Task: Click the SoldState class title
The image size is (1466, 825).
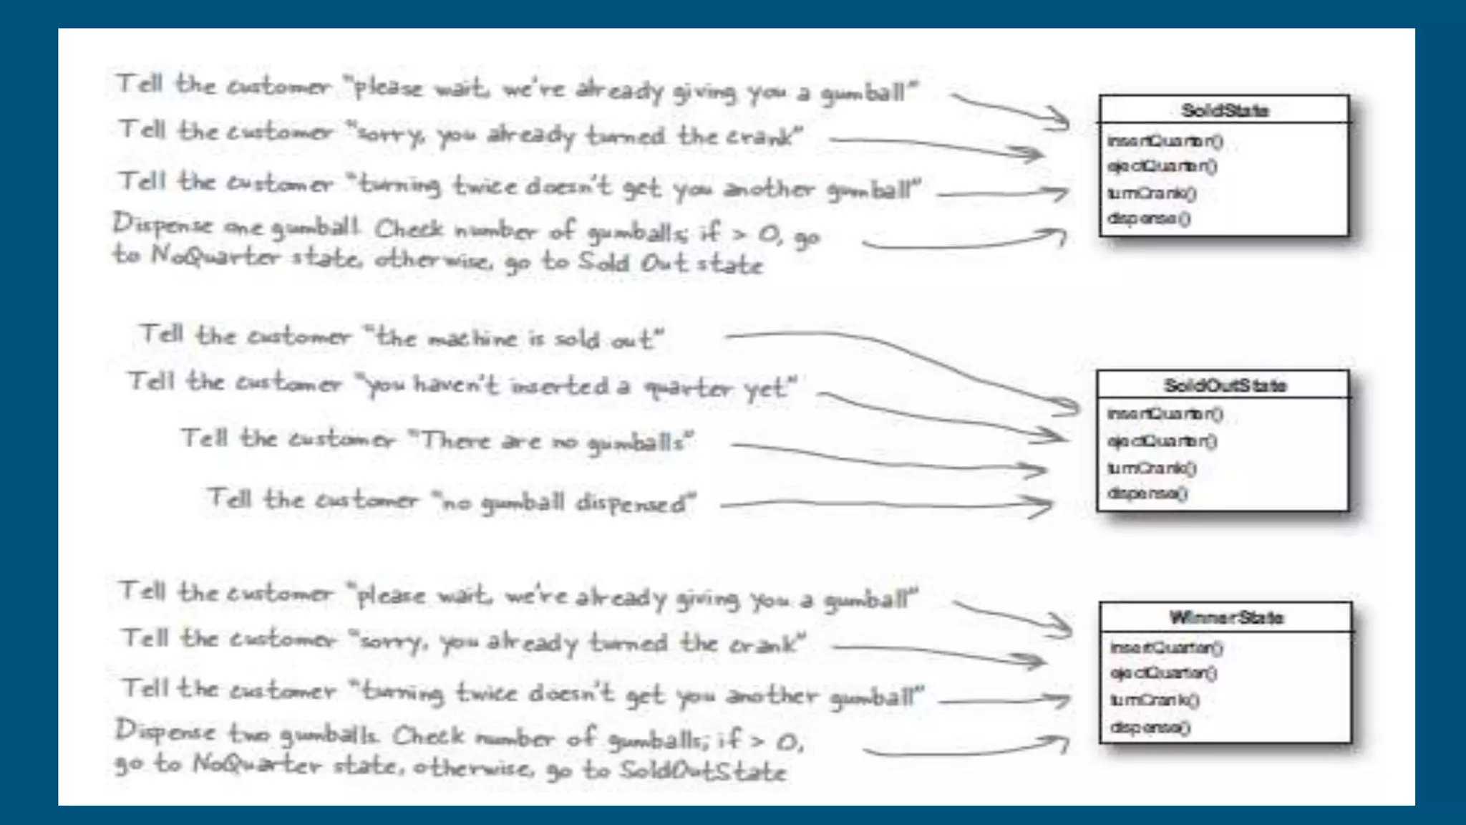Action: click(1224, 111)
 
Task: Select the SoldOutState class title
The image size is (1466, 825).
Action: click(1224, 386)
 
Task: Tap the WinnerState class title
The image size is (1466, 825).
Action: click(1225, 618)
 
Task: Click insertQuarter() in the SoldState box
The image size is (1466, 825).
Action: click(1165, 141)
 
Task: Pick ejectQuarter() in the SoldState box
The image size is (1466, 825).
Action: click(1162, 167)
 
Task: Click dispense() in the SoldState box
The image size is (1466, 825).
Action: click(1149, 218)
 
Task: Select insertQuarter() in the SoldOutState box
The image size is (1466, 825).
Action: click(1165, 414)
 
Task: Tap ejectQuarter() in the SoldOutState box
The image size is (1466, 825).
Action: click(1162, 441)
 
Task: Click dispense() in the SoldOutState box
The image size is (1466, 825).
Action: click(1147, 493)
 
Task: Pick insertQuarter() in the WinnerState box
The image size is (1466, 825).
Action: click(1166, 647)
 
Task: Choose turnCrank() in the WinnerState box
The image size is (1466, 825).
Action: click(1154, 700)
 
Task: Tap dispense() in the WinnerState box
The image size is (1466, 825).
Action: click(1150, 728)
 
